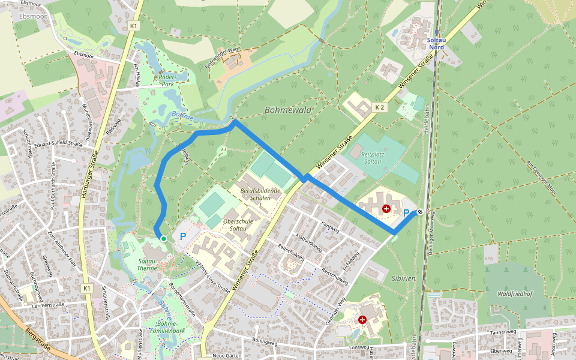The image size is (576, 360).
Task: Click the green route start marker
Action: (x=163, y=239)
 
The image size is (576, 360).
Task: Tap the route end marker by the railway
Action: (x=420, y=211)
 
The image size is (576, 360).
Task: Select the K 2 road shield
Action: (x=379, y=107)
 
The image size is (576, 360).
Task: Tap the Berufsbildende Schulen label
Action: (x=260, y=194)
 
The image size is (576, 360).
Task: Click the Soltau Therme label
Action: (x=147, y=265)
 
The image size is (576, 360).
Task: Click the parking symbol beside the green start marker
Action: (x=182, y=237)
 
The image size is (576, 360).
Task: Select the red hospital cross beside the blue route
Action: (x=386, y=208)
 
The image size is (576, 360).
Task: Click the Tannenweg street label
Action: (x=503, y=331)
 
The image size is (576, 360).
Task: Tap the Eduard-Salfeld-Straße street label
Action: (x=58, y=144)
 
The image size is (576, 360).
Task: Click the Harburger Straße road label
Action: (x=88, y=174)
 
